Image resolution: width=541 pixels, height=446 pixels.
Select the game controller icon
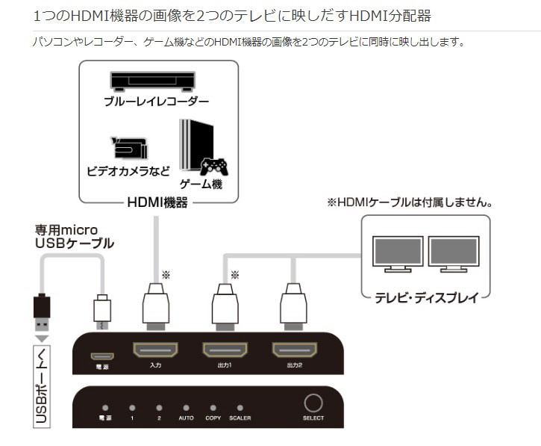(213, 166)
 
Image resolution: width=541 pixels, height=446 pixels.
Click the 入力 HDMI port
(155, 350)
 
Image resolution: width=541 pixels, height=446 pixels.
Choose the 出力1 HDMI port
(225, 350)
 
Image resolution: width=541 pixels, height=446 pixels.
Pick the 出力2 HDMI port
(294, 350)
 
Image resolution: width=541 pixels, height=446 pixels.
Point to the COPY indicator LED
(213, 408)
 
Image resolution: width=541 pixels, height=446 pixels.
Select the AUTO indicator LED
(186, 408)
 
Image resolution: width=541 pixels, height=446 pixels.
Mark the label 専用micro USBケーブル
(75, 236)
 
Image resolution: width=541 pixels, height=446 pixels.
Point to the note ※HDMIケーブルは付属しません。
(411, 202)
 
